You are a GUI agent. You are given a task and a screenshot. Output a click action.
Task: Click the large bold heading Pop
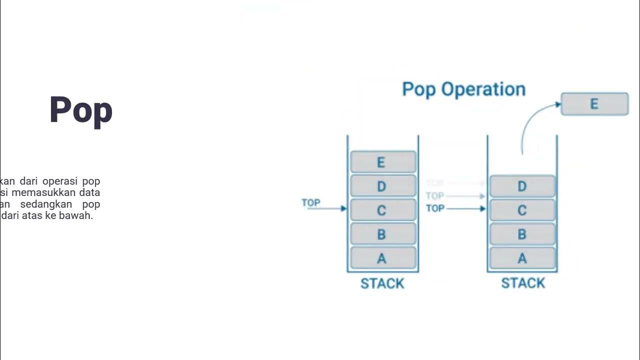click(81, 110)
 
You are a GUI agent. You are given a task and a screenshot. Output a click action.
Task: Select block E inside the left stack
click(383, 162)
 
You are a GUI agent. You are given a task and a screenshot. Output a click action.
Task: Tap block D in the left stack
click(383, 186)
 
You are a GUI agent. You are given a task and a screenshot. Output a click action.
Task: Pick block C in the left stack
click(383, 210)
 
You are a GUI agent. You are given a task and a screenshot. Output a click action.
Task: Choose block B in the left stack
click(383, 234)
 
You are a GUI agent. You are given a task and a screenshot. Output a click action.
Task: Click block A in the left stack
click(383, 258)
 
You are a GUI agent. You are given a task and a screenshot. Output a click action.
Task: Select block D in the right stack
click(522, 186)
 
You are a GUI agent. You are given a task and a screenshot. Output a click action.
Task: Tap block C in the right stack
click(522, 210)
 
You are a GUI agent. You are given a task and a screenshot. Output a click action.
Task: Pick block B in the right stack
click(522, 234)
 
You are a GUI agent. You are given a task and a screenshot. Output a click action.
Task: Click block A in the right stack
click(522, 258)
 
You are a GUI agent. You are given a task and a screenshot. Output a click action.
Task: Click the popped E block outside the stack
click(594, 104)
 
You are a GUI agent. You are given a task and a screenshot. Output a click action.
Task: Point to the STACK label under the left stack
click(382, 283)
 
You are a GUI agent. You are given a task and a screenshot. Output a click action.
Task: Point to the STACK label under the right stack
click(523, 283)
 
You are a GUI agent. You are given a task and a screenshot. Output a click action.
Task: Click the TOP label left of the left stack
click(311, 202)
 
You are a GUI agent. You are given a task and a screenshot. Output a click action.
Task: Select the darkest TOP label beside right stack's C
click(435, 208)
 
